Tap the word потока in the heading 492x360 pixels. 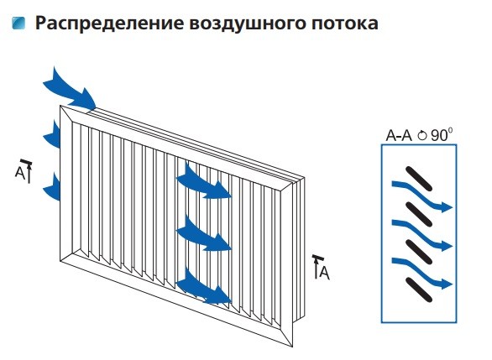[x=340, y=23]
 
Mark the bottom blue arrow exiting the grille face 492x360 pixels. [x=204, y=284]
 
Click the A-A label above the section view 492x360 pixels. [x=400, y=134]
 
